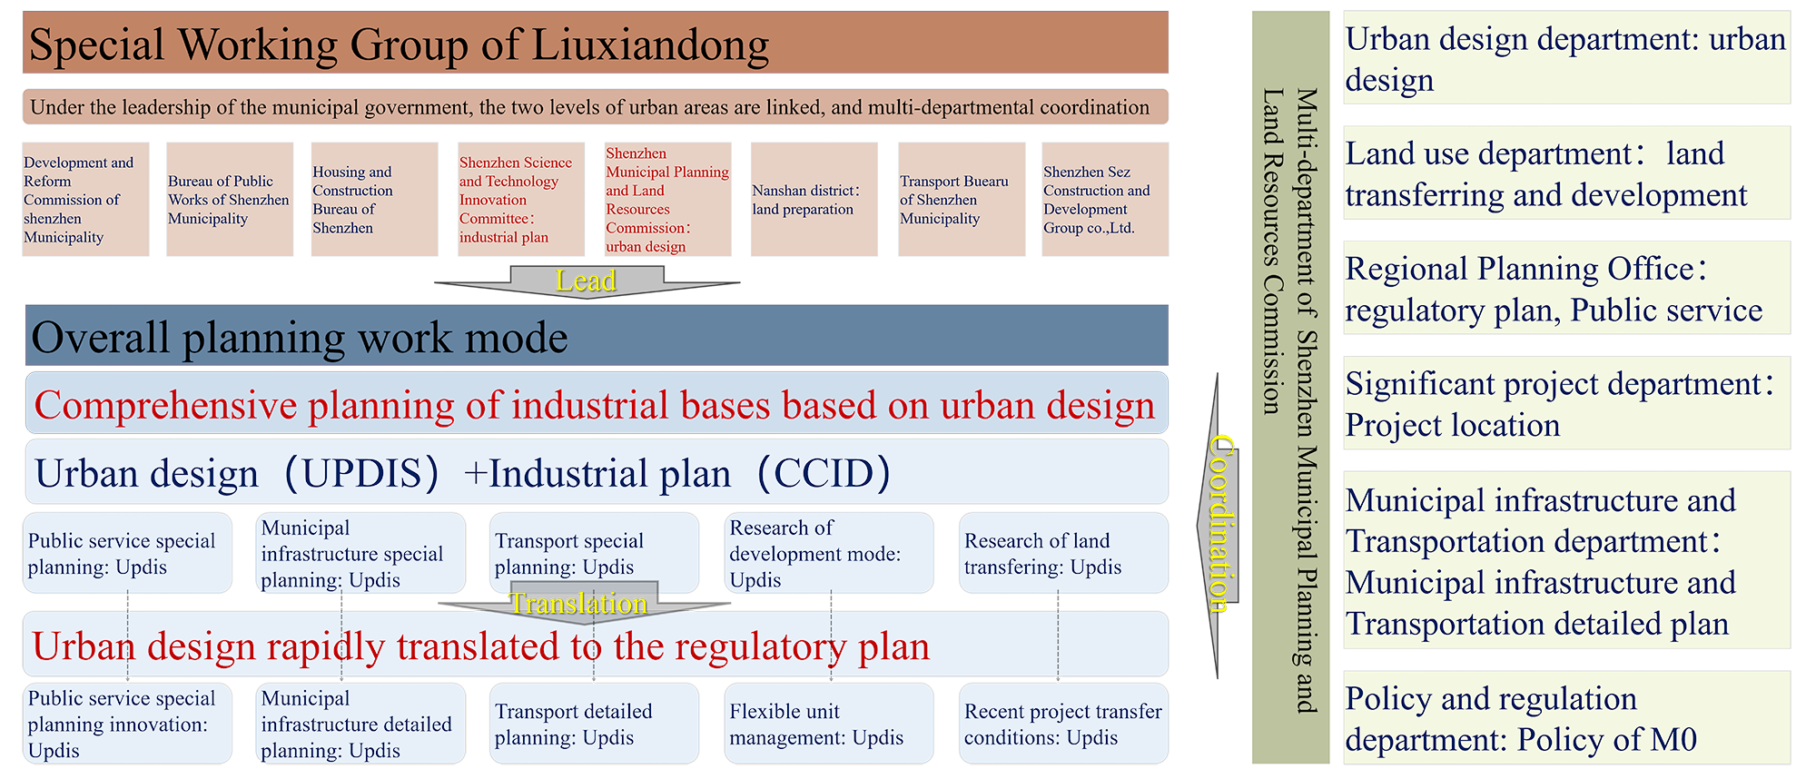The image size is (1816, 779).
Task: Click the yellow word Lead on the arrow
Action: [586, 281]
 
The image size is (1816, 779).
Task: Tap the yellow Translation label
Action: [578, 604]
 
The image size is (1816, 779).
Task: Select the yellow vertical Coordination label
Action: [1221, 522]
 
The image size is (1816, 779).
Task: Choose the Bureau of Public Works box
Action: [229, 200]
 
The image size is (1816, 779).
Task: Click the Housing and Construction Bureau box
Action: [373, 200]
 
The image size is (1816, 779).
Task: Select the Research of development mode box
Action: [828, 553]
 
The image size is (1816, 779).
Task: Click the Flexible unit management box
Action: [828, 724]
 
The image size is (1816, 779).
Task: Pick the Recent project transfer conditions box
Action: [1062, 724]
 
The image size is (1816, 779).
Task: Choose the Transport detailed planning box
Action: [594, 724]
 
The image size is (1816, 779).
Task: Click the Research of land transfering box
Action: [1062, 553]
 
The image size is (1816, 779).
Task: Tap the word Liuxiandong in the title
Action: [649, 44]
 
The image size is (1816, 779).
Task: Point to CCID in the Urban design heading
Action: [823, 474]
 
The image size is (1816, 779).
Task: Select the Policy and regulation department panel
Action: [1565, 718]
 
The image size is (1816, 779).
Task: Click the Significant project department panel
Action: [1565, 404]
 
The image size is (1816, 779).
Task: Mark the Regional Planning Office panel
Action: [1565, 289]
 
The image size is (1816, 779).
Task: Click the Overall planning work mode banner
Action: [596, 337]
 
